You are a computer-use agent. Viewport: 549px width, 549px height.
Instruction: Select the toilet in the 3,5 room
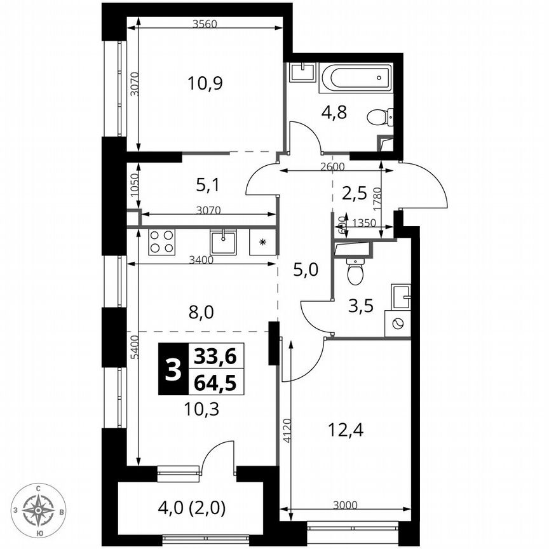355,271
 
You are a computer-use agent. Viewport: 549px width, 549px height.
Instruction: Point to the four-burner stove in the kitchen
161,242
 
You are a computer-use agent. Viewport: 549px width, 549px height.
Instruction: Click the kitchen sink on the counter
222,242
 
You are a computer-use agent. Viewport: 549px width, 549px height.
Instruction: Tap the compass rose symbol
39,509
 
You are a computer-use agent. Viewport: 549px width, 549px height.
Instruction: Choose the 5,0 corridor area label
305,269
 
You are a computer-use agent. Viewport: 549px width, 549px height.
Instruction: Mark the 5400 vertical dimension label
133,346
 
